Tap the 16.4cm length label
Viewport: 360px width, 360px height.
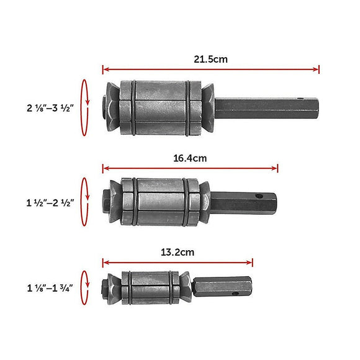tap(189, 158)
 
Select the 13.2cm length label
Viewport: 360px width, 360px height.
tap(178, 252)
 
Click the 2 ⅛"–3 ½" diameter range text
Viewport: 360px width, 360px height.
tap(50, 107)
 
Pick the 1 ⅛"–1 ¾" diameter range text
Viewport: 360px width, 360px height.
tap(50, 288)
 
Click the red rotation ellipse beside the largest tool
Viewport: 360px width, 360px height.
tap(85, 107)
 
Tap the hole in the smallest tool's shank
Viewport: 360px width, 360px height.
tap(235, 286)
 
